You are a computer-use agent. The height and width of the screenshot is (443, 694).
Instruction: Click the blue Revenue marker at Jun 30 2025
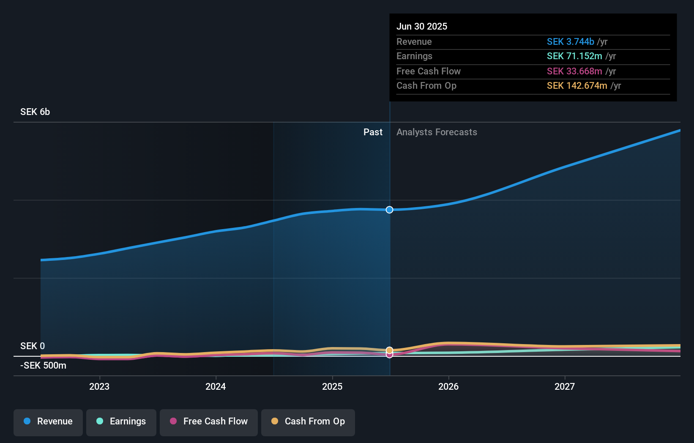(389, 210)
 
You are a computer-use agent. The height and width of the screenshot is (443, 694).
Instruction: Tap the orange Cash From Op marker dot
(389, 350)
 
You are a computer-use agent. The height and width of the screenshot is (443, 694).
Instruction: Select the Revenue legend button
(48, 421)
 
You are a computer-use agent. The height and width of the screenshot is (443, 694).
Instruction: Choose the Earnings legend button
(121, 421)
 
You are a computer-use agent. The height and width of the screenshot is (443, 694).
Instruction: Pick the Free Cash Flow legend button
(209, 421)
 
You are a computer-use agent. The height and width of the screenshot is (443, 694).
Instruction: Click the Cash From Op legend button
(308, 421)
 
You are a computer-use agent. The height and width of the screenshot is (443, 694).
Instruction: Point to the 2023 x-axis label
(99, 386)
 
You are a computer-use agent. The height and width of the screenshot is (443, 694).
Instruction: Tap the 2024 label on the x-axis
(216, 386)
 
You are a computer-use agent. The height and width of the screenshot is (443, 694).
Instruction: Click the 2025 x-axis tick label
(332, 386)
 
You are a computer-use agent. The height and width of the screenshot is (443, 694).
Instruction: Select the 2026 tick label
(448, 386)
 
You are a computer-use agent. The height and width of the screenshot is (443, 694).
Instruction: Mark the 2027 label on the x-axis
(565, 386)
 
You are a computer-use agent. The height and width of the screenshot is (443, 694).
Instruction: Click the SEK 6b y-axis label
(35, 112)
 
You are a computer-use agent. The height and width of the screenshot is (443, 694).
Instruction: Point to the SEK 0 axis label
(33, 346)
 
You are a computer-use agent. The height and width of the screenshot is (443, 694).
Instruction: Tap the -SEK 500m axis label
(43, 366)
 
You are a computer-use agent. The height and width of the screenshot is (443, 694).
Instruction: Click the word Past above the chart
(373, 132)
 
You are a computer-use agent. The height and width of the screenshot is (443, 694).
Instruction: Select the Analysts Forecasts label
(437, 132)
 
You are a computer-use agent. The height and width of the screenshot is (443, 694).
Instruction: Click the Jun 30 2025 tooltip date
(422, 26)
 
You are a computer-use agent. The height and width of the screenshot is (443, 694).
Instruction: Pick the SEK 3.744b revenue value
(570, 42)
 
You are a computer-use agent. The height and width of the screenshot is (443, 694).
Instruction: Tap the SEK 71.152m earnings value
(574, 56)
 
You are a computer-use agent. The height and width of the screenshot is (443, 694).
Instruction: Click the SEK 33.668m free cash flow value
(574, 71)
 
